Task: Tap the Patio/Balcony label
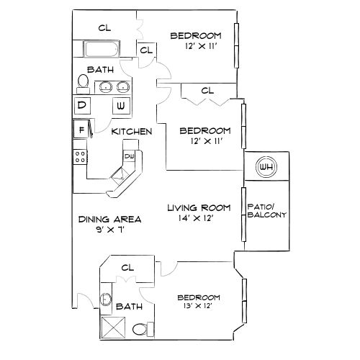pos(267,210)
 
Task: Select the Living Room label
pos(199,208)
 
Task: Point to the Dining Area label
pos(109,219)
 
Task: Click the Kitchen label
pos(132,132)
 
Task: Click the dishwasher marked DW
pos(130,156)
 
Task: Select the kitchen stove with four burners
pos(80,154)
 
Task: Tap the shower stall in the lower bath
pos(113,328)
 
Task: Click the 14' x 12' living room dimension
pos(199,219)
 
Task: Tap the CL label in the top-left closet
pos(105,27)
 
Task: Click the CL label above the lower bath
pos(128,267)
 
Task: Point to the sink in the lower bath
pos(106,300)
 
